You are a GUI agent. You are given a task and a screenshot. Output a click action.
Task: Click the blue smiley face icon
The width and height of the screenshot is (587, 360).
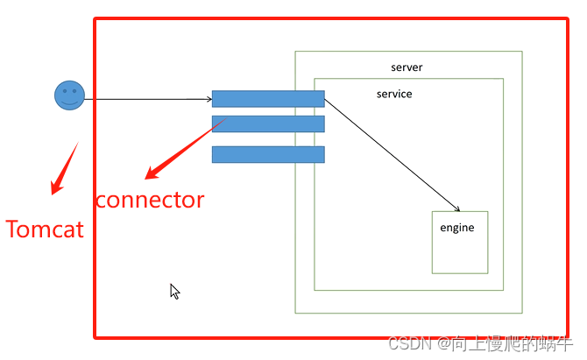tap(69, 95)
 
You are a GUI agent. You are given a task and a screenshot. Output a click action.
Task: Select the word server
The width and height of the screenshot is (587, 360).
tap(407, 67)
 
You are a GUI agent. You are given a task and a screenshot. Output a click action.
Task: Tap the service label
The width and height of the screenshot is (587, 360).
tap(394, 94)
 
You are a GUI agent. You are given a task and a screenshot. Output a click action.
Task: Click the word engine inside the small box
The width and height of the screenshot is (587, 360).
tap(456, 228)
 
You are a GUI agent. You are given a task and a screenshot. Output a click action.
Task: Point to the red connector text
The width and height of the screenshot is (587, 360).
tap(150, 200)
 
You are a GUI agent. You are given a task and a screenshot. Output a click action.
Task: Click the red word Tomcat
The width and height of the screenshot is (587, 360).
tap(45, 229)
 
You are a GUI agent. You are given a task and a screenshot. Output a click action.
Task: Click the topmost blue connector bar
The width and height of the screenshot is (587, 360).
tap(268, 99)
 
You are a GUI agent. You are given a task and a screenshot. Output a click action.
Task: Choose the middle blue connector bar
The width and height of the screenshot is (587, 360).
tap(268, 124)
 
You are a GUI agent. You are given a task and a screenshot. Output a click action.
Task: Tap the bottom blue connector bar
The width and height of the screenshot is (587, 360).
tap(268, 154)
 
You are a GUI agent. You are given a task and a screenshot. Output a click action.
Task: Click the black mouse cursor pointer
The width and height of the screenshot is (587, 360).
tap(174, 292)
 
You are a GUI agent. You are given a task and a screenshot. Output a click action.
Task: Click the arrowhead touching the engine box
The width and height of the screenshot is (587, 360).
tap(456, 209)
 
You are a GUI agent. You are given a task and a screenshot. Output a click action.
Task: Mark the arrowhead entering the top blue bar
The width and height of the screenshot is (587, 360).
tap(208, 99)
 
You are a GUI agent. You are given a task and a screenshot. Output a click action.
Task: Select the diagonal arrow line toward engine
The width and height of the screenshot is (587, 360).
tap(390, 154)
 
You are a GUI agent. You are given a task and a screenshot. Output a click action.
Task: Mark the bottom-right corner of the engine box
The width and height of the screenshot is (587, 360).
tap(487, 273)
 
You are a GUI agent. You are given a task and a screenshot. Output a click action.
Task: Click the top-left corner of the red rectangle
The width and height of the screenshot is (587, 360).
tap(95, 18)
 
